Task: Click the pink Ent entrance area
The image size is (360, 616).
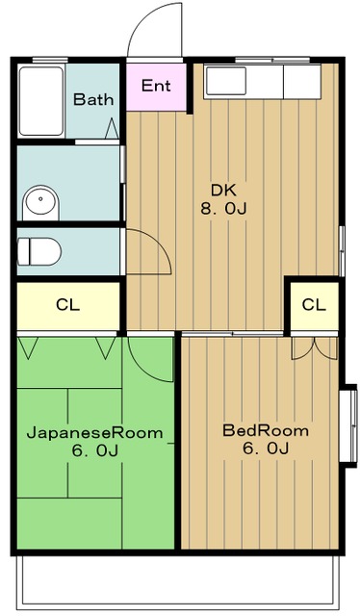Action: pos(156,87)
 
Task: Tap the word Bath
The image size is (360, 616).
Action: pos(93,99)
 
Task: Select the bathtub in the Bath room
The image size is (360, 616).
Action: pos(41,101)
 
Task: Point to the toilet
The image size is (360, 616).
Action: pos(39,251)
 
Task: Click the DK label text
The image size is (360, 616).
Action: pos(223,191)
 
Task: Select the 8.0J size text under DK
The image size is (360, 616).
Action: pos(223,209)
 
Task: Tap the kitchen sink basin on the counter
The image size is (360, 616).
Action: pos(225,81)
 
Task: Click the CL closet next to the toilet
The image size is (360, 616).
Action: pos(68,306)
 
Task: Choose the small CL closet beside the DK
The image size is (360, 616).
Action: pos(314,305)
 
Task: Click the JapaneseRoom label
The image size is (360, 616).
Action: pos(94,433)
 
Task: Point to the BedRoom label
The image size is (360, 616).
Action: pos(266,430)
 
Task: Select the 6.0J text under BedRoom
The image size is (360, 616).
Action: pos(266,449)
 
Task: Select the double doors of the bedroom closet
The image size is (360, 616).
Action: pos(315,348)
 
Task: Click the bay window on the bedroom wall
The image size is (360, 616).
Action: pos(348,425)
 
